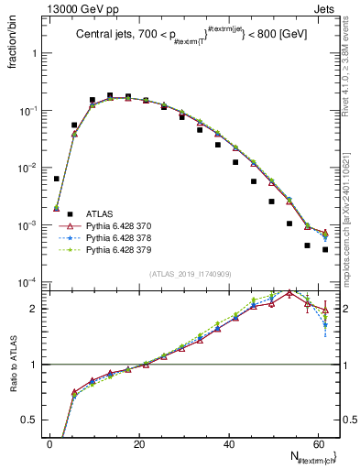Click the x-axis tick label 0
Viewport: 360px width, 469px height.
click(49, 443)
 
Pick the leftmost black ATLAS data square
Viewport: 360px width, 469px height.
click(57, 179)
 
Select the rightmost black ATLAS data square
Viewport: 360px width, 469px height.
click(325, 249)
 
